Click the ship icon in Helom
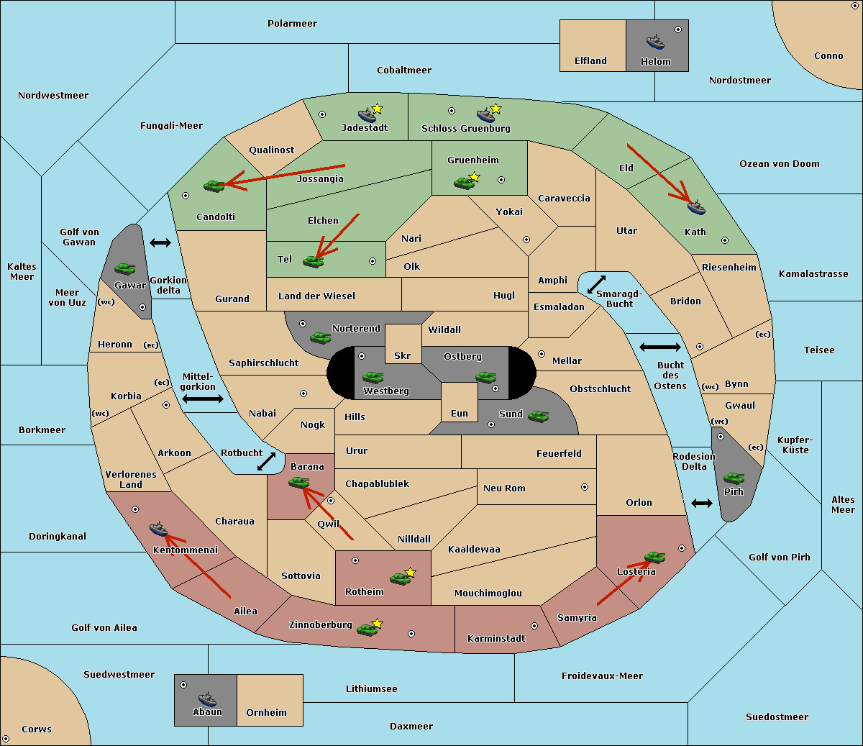click(x=655, y=42)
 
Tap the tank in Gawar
click(x=125, y=268)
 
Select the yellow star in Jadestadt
click(x=377, y=109)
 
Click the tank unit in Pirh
click(x=734, y=478)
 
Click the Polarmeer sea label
click(x=292, y=24)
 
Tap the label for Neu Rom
click(x=504, y=488)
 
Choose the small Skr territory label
click(x=402, y=355)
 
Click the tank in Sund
click(x=538, y=416)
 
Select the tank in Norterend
click(x=320, y=337)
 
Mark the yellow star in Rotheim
click(x=410, y=572)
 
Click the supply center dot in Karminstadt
click(x=534, y=626)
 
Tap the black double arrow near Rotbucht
click(x=266, y=461)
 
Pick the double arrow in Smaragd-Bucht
click(x=596, y=284)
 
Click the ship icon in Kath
click(x=696, y=207)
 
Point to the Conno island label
click(x=828, y=55)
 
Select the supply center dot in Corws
click(x=6, y=739)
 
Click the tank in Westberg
click(x=373, y=377)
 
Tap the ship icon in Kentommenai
click(x=158, y=529)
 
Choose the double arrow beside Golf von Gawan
click(x=160, y=242)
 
